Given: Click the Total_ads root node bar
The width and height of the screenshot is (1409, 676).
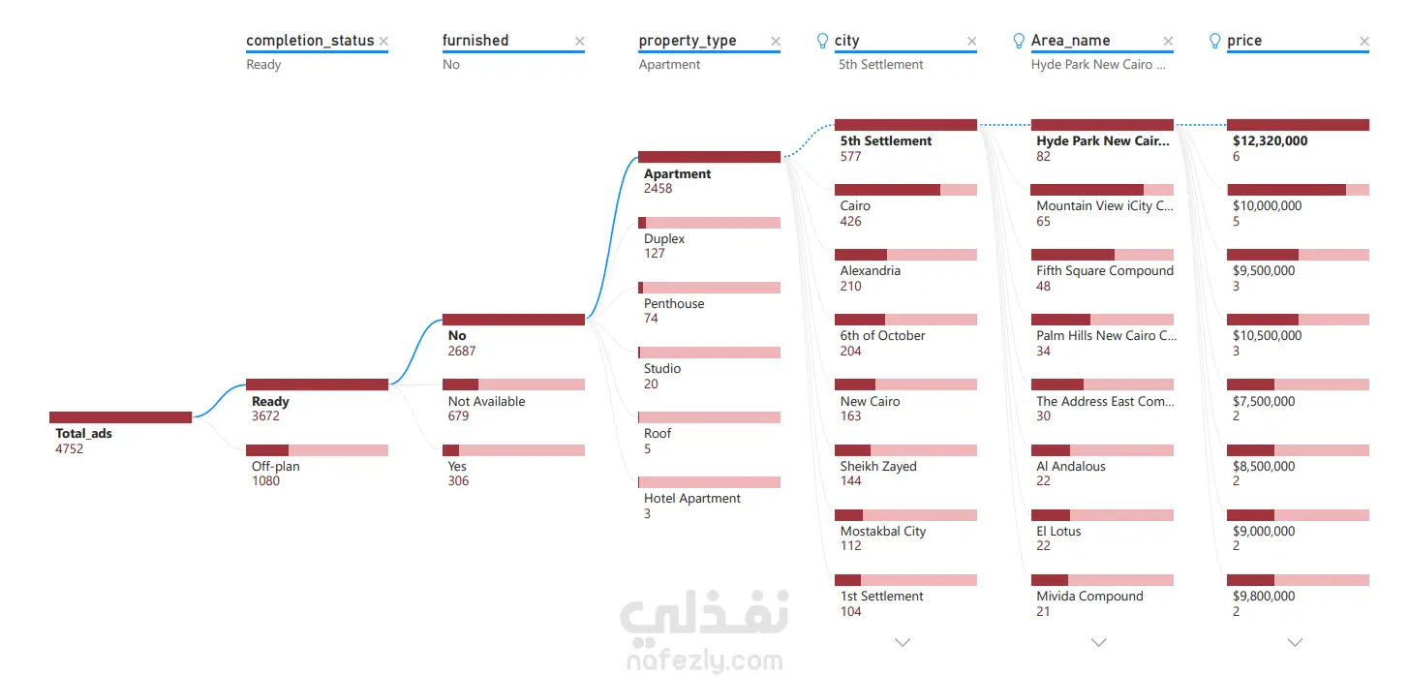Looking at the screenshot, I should click(x=120, y=417).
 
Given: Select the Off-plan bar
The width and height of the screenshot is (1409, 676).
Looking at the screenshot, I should click(x=317, y=450).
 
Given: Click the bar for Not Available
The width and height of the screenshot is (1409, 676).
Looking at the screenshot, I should click(x=513, y=384).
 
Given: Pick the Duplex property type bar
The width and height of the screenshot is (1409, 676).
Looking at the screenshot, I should click(x=709, y=223).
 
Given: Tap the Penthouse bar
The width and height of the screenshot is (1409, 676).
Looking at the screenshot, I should click(x=709, y=288).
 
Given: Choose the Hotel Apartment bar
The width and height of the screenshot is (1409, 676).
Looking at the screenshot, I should click(x=709, y=482).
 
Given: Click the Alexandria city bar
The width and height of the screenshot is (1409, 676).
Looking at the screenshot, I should click(x=905, y=255).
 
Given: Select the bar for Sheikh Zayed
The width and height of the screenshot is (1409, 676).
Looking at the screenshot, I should click(x=905, y=450).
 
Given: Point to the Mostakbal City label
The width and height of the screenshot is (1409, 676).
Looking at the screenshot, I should click(x=882, y=532).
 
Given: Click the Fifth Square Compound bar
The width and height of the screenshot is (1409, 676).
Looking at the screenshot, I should click(x=1102, y=255).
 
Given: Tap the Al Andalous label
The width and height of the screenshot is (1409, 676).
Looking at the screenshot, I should click(x=1070, y=467).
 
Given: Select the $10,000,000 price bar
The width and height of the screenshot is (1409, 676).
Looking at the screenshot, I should click(x=1298, y=190).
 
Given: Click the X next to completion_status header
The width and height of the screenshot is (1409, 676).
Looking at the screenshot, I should click(x=383, y=41).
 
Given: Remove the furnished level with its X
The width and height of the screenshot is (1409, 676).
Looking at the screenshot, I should click(x=579, y=41).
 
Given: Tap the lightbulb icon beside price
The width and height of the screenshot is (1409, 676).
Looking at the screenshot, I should click(x=1214, y=41).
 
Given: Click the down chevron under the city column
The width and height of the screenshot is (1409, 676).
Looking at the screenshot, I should click(x=903, y=642).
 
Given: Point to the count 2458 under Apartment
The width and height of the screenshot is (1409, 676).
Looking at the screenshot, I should click(x=659, y=189).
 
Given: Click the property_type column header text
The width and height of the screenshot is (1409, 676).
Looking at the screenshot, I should click(x=688, y=41).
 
